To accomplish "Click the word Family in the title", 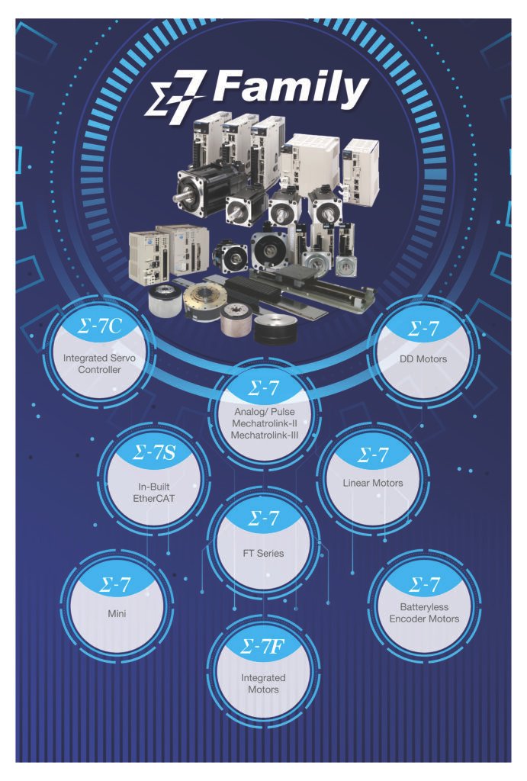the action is click(291, 91).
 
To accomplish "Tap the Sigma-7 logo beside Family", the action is click(175, 97).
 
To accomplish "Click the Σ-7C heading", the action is click(100, 326).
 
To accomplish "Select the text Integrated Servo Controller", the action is click(99, 364).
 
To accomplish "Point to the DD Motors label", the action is click(423, 358).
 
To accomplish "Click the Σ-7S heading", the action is click(154, 453).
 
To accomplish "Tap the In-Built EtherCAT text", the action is click(154, 492).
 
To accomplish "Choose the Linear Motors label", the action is click(373, 483).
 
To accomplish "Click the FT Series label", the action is click(264, 553).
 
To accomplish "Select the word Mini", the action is click(117, 614).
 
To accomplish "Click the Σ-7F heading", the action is click(262, 647).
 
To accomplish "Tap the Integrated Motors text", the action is click(263, 683).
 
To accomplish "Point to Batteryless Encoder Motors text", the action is click(424, 612).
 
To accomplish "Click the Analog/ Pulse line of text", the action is click(264, 412).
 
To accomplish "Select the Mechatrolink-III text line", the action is click(264, 435).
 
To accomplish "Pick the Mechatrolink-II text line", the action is click(264, 423).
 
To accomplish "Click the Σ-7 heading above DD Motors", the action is click(423, 328).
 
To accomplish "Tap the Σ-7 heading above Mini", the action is click(115, 584).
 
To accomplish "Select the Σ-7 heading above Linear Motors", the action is click(373, 455).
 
